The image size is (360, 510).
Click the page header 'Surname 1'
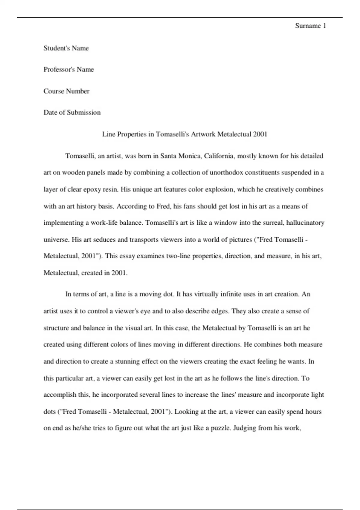point(310,26)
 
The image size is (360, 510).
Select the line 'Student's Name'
point(66,48)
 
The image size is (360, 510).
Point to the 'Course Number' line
point(66,91)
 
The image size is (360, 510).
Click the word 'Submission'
point(84,112)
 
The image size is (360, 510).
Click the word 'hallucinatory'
point(305,223)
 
